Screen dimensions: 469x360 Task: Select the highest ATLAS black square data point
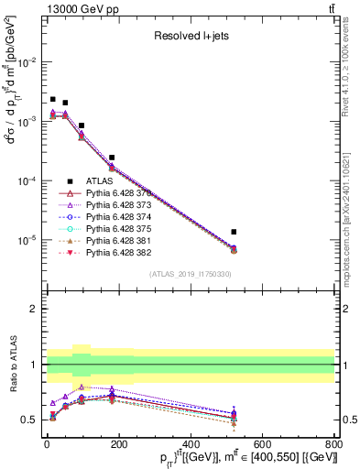[53, 99]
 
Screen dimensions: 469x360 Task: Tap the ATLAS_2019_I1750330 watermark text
[190, 275]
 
